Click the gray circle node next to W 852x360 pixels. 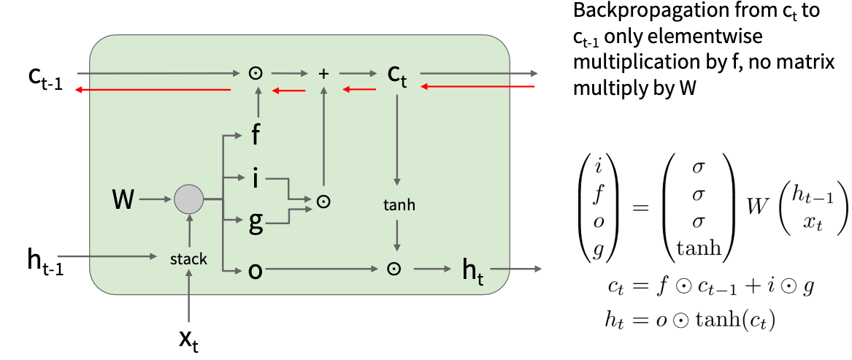[189, 198]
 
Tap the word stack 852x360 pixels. [188, 258]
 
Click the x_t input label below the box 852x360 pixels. [189, 340]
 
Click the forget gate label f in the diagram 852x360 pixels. [256, 135]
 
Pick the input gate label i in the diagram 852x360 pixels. [255, 177]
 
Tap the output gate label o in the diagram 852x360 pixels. [255, 270]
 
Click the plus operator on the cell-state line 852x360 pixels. [325, 73]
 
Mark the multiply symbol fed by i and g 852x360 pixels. [322, 200]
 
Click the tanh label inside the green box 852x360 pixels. [398, 205]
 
